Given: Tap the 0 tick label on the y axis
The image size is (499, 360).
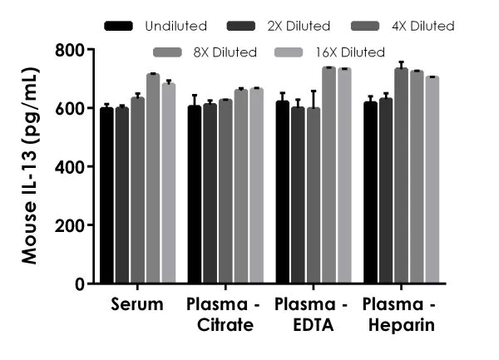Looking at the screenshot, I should pos(80,284).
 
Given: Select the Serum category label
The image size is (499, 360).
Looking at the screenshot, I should pos(137,305).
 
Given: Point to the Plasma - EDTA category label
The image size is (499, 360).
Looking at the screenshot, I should pos(311,315).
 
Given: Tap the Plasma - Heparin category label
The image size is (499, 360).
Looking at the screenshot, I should pos(400,315).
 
